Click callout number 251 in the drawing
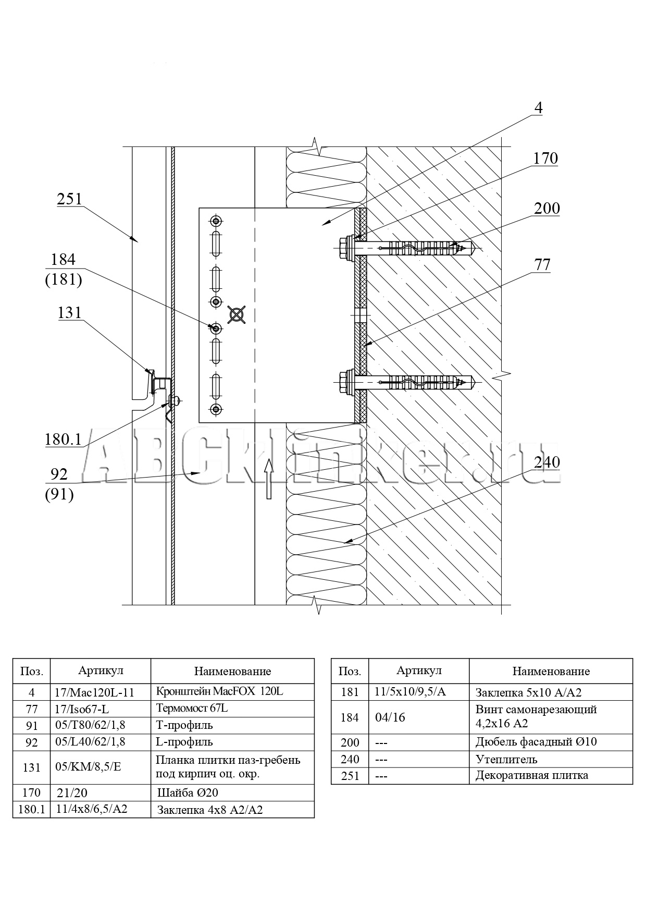(x=70, y=199)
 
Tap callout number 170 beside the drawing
(x=545, y=158)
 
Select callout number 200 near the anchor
(x=546, y=209)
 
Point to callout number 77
(x=542, y=265)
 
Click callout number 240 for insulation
(x=546, y=462)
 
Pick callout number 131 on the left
(x=69, y=313)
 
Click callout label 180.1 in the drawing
(x=63, y=440)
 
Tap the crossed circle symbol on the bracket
(x=237, y=314)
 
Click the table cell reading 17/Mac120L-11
(x=94, y=692)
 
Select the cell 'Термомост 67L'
(x=192, y=709)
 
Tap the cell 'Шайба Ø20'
(x=188, y=793)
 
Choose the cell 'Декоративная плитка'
(x=531, y=775)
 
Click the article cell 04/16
(x=390, y=717)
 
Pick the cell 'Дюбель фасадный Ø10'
(x=536, y=742)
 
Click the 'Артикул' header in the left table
(x=101, y=670)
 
